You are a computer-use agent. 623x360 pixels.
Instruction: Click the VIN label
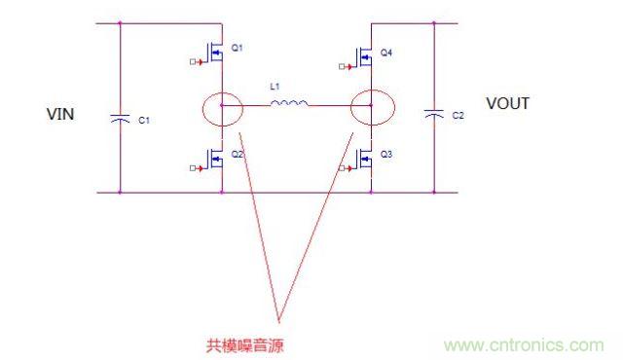[61, 115]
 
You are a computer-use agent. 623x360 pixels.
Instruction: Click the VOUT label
[507, 104]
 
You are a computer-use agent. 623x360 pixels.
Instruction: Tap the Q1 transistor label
[238, 47]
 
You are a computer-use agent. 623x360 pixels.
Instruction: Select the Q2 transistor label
[238, 154]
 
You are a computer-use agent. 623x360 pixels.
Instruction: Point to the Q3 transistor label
[386, 155]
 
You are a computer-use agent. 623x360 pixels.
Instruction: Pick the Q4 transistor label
[386, 52]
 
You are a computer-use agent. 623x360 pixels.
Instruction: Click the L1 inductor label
[275, 87]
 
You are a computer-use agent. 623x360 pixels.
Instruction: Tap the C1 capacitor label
[144, 120]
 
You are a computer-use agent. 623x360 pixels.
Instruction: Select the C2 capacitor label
[458, 116]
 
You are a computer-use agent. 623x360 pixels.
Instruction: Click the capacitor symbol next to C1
[120, 117]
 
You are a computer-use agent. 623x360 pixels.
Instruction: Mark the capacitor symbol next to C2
[433, 115]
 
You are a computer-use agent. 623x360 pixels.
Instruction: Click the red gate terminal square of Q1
[192, 63]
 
